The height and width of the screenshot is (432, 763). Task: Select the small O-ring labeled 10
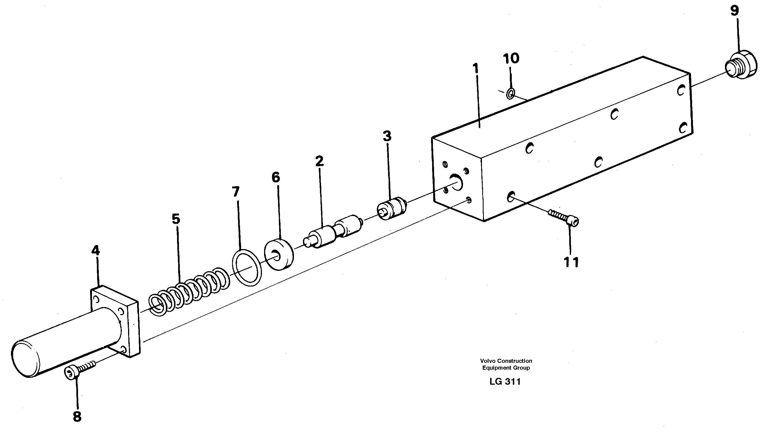pyautogui.click(x=510, y=94)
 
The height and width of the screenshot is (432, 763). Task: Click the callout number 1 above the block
pyautogui.click(x=476, y=69)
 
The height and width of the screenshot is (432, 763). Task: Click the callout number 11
pyautogui.click(x=571, y=262)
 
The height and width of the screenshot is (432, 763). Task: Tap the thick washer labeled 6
pyautogui.click(x=279, y=254)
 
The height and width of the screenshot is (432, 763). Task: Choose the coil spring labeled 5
pyautogui.click(x=189, y=291)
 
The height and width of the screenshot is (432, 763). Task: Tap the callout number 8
pyautogui.click(x=77, y=417)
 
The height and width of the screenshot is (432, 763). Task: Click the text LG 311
pyautogui.click(x=505, y=382)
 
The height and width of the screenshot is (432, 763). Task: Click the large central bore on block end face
pyautogui.click(x=456, y=182)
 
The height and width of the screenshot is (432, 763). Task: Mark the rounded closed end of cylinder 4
pyautogui.click(x=25, y=359)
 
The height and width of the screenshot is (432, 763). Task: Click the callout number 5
pyautogui.click(x=176, y=219)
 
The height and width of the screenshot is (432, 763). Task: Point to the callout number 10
pyautogui.click(x=511, y=59)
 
